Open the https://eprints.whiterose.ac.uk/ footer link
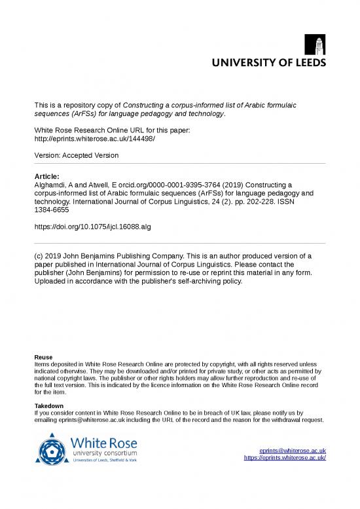point(285,458)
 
